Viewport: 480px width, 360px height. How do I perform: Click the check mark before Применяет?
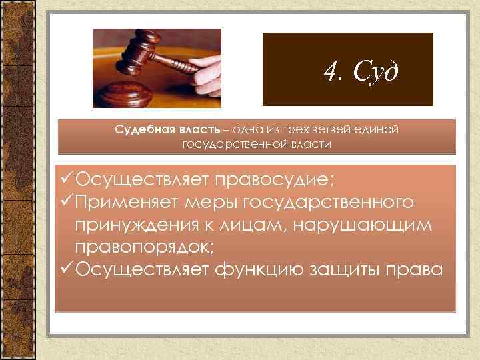click(65, 201)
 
